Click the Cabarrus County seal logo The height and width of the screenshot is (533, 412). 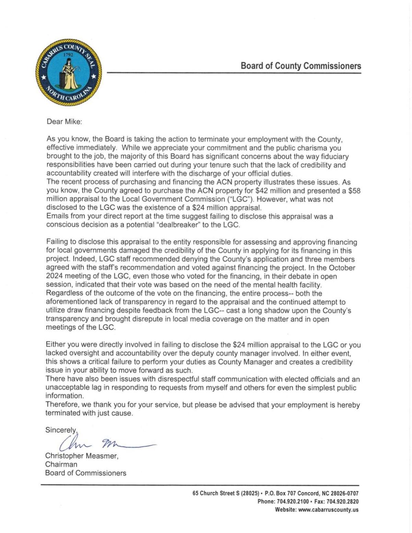coord(69,72)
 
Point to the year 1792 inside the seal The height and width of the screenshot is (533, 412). coord(69,55)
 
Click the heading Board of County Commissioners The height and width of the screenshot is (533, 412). coord(301,66)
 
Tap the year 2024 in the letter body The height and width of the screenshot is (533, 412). coord(54,276)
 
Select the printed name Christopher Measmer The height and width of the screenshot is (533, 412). coord(82,456)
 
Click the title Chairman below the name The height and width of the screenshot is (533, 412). coord(61,464)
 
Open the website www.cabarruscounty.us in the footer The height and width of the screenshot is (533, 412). coord(328,510)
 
